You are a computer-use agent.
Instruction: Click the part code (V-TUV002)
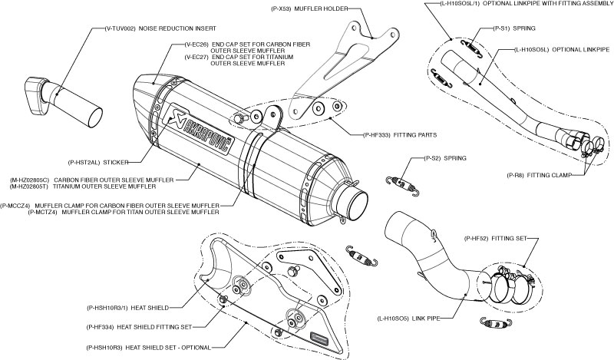(118, 28)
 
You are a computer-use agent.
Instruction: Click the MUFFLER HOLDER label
(323, 10)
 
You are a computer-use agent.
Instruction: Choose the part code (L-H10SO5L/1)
(444, 5)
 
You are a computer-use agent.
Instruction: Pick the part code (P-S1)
(480, 28)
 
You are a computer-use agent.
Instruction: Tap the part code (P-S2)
(435, 158)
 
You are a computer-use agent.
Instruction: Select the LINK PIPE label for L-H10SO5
(427, 317)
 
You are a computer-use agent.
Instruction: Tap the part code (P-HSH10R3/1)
(107, 308)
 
